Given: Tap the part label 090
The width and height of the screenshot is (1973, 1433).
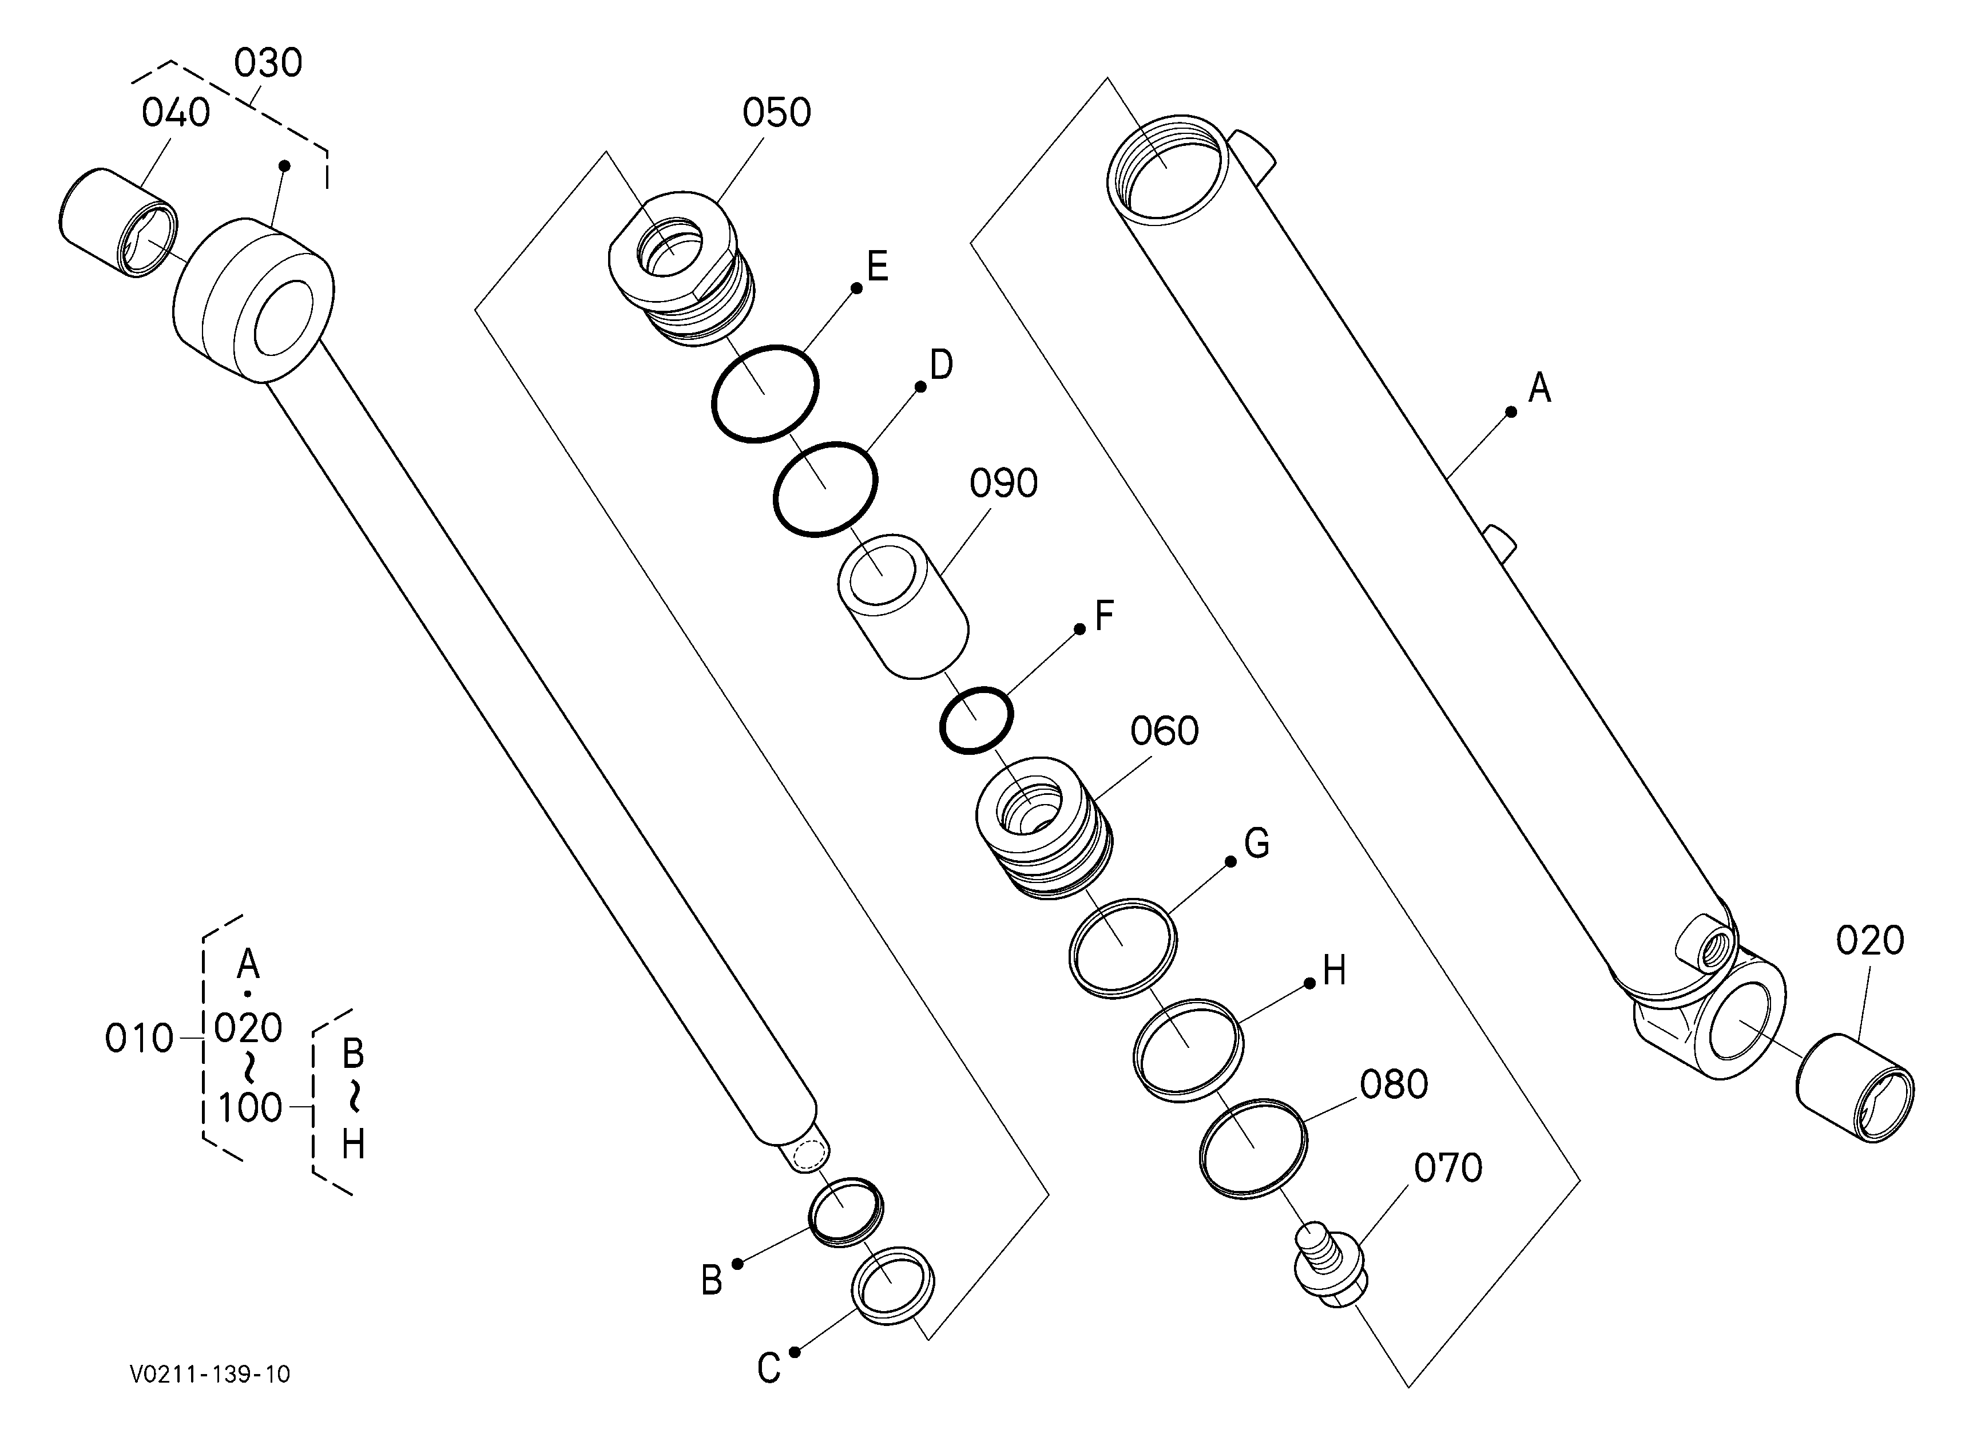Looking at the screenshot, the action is (1004, 484).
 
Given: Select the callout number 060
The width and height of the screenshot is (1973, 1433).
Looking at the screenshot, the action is (1164, 732).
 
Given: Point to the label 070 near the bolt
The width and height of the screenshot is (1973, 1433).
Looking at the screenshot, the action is (1447, 1169).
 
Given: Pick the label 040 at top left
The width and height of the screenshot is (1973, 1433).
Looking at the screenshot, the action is (176, 113).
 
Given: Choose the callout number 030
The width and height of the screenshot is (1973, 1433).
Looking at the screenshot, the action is (268, 64).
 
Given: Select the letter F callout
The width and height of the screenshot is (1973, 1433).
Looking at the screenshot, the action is (1104, 616).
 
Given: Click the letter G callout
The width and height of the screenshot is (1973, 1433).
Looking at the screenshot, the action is (1257, 843).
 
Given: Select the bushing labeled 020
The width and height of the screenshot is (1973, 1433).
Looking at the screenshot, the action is (1855, 1088).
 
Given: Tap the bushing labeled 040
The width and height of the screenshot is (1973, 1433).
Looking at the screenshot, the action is (119, 224).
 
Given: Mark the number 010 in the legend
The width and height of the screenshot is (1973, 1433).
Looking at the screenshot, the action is (139, 1039).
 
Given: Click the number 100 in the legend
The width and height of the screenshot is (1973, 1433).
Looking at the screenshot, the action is (249, 1109).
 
